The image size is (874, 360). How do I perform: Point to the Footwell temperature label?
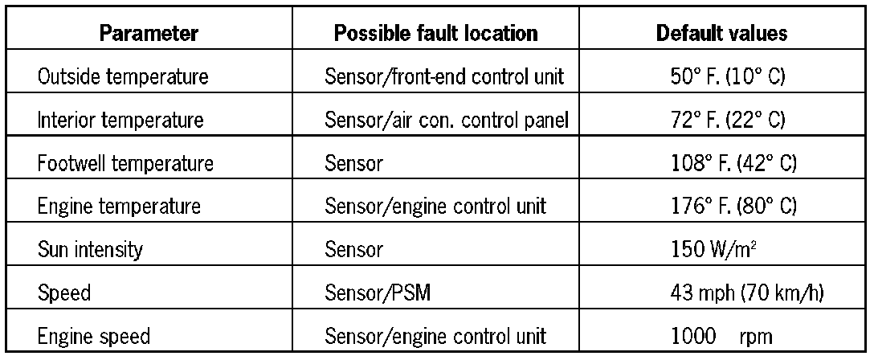coord(125,164)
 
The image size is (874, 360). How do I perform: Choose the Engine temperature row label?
coord(120,207)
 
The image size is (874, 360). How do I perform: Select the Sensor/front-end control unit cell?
coord(446,78)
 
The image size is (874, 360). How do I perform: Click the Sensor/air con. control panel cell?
coord(447,121)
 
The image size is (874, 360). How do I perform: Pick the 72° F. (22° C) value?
coord(722,121)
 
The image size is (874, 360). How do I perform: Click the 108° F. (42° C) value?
coord(722,164)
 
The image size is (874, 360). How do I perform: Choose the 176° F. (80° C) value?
coord(722,207)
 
